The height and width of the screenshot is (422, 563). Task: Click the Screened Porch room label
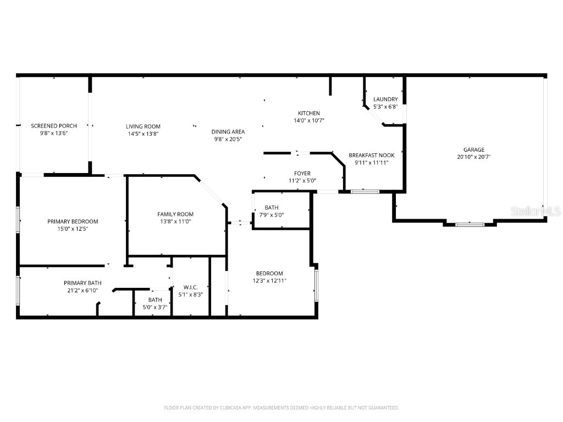pos(53,126)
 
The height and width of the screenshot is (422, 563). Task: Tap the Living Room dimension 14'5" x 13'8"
pos(143,134)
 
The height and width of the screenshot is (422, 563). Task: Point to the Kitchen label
pos(308,113)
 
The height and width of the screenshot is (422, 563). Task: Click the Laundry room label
pos(385,99)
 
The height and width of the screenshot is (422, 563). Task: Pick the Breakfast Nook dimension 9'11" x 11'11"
pos(372,163)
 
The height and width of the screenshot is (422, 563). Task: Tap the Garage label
pos(473,149)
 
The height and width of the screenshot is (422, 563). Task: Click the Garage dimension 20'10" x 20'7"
pos(473,157)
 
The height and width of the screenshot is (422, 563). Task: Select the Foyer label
pos(302,173)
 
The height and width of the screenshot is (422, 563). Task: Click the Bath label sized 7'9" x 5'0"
pos(272,208)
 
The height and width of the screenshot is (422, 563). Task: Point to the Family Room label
pos(175,214)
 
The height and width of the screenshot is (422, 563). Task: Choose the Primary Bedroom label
pos(73,221)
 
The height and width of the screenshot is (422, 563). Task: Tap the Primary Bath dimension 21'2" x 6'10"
pos(82,291)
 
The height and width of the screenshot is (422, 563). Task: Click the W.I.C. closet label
pos(191,287)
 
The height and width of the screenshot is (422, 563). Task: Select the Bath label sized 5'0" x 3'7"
pos(154,300)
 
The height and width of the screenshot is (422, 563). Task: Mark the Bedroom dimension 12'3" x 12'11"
pos(269,281)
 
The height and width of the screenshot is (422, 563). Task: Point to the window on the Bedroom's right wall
pos(316,282)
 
